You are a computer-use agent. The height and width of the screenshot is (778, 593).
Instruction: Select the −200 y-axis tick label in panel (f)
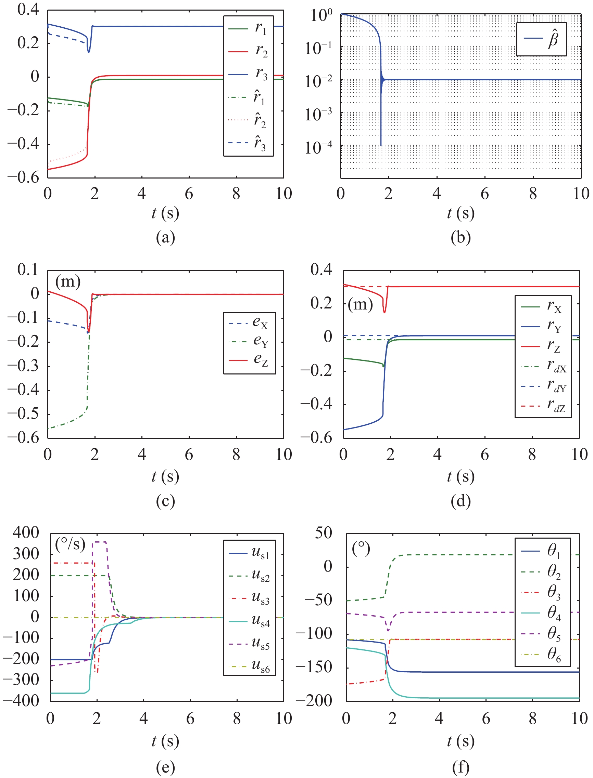pyautogui.click(x=314, y=700)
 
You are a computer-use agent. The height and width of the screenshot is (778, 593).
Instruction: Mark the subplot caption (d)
pyautogui.click(x=460, y=501)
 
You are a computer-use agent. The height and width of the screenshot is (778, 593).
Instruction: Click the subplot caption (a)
pyautogui.click(x=166, y=238)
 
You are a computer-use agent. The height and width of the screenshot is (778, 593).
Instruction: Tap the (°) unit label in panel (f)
pyautogui.click(x=361, y=549)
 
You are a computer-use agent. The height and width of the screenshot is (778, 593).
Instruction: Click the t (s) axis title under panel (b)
pyautogui.click(x=460, y=213)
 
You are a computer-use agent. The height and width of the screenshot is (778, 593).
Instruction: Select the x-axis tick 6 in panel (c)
pyautogui.click(x=189, y=455)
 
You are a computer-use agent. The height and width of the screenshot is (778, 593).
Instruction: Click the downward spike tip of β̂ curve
pyautogui.click(x=381, y=145)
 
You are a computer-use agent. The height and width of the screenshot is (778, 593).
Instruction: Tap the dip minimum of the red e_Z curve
pyautogui.click(x=88, y=332)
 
